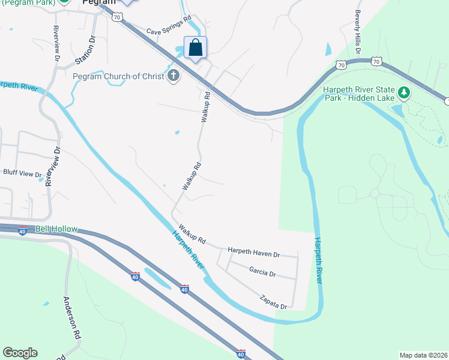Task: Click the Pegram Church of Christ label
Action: click(119, 76)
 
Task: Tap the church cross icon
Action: click(174, 76)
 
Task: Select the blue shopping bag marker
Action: click(196, 47)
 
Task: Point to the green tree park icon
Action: click(405, 92)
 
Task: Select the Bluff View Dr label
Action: click(22, 173)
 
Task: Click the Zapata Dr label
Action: click(273, 302)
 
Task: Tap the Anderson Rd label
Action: click(73, 317)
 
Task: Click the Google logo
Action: click(20, 353)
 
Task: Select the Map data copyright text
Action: click(423, 355)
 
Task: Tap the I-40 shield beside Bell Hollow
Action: click(22, 231)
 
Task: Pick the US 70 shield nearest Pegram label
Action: click(117, 17)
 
